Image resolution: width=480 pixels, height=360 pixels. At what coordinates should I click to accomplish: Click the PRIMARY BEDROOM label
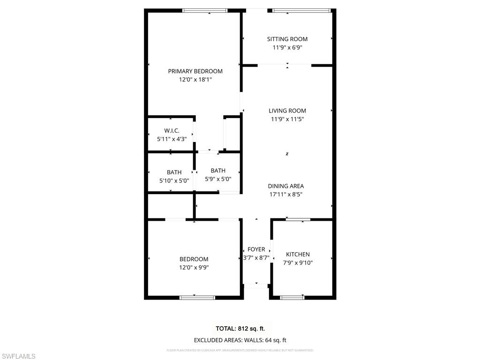pos(195,71)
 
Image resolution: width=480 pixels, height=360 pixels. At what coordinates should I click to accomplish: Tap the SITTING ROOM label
pos(287,39)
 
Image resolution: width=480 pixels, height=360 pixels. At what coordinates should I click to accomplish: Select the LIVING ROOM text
pos(287,111)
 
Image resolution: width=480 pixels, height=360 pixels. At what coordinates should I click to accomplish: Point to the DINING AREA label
pos(286,186)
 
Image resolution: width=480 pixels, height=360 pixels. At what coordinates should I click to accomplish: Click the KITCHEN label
pos(298,255)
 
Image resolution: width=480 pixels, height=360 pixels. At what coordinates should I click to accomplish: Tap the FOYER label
pos(256,249)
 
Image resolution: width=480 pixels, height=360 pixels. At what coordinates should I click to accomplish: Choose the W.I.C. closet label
pos(172,130)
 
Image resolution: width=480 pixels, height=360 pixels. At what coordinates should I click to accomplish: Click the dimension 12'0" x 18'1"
pos(195,80)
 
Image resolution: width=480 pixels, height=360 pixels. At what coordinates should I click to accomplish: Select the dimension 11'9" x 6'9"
pos(287,47)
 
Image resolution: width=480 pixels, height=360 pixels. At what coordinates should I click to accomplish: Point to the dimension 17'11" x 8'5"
pos(286,194)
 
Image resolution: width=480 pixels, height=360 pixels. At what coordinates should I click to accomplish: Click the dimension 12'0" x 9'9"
pos(194,268)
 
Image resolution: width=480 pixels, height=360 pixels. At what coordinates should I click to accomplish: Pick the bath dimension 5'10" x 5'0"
pos(174,180)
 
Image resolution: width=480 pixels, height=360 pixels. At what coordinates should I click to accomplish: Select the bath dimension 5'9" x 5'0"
pos(218,179)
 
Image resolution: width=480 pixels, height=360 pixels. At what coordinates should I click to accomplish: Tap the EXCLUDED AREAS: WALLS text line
pos(240,340)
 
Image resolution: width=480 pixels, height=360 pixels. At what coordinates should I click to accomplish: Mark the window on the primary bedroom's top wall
pos(205,10)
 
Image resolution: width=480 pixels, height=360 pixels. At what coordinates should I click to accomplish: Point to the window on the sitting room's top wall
pos(301,10)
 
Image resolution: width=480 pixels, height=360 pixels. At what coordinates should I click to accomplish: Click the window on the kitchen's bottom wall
pos(292,297)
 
